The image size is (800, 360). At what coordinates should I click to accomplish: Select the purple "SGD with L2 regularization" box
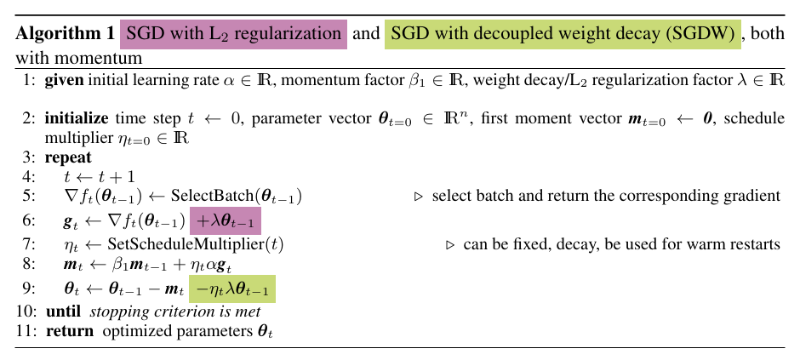[233, 36]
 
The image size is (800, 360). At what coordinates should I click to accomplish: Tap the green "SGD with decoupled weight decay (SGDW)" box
[563, 36]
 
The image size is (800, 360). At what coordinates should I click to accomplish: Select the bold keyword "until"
[64, 311]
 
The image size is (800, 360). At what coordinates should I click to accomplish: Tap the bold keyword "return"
[70, 330]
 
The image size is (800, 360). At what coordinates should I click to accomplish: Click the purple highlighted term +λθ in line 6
[226, 220]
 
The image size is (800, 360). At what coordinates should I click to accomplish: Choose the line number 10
[25, 311]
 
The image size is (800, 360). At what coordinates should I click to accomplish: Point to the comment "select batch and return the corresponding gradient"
[606, 196]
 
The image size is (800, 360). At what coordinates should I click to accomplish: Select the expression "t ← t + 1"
[94, 176]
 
